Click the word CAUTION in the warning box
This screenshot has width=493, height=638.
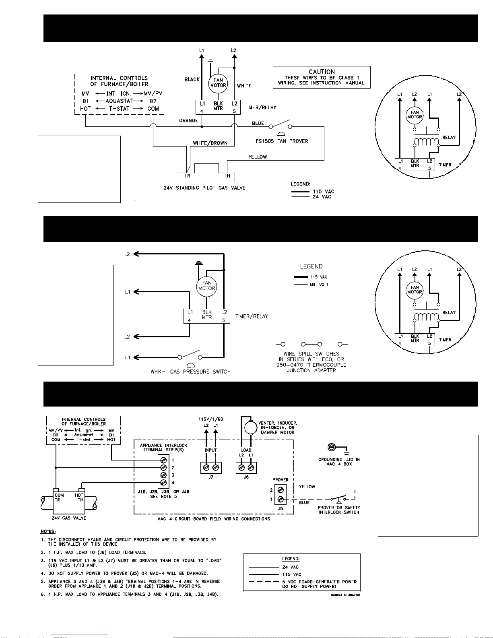coord(322,72)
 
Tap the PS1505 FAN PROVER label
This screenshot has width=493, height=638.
coord(282,141)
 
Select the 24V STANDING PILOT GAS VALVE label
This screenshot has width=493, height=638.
coord(204,188)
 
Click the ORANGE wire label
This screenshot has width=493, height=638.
coord(188,121)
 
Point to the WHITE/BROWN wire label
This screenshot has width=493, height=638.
coord(210,143)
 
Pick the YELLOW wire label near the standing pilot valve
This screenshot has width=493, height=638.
coord(258,157)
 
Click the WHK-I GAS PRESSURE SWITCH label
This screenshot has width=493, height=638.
coord(190,372)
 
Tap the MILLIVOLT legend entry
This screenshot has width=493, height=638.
coord(319,285)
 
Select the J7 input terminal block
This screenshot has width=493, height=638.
coord(211,467)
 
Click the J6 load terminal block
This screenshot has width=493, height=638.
coord(246,467)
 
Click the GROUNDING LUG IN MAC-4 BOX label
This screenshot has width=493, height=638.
coord(339,461)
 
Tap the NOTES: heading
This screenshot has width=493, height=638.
coord(48,531)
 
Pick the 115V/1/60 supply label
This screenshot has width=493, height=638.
coord(211,419)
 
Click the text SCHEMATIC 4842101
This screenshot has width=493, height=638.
coord(345,595)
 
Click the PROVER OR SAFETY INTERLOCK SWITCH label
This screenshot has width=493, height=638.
coord(339,510)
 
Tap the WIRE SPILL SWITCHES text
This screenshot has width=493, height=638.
coord(311,354)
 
